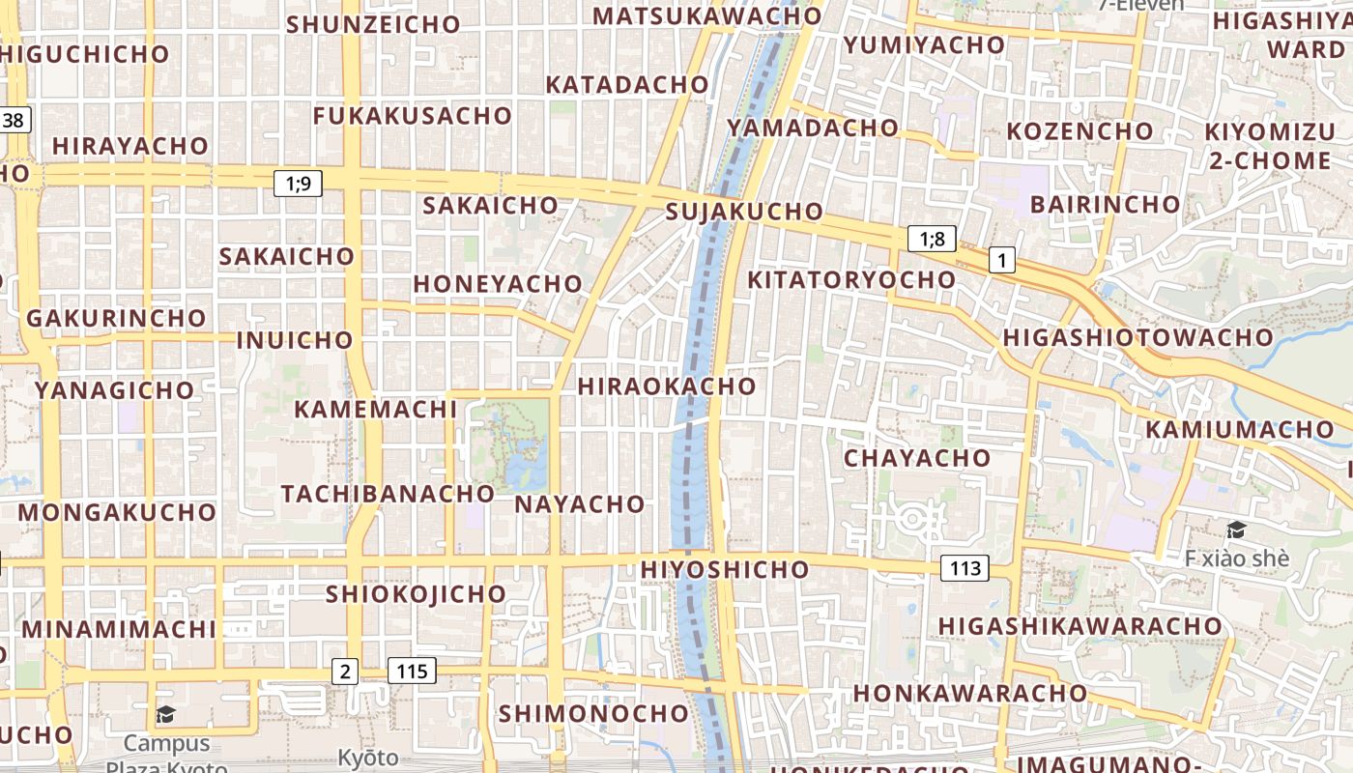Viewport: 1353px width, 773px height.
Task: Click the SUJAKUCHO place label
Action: [x=744, y=212]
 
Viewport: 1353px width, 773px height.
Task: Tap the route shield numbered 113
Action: [x=964, y=568]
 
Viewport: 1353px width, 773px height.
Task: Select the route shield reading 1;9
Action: [x=298, y=183]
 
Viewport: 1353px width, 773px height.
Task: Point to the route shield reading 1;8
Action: [x=932, y=239]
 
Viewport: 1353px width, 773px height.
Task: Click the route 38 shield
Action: [x=14, y=121]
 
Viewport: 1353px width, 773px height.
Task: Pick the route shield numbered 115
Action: [x=412, y=671]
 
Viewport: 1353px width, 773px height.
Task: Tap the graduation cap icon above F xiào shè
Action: [x=1236, y=530]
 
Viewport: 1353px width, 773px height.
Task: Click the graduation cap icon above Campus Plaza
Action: [x=166, y=715]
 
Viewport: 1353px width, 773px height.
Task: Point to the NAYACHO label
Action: [x=580, y=504]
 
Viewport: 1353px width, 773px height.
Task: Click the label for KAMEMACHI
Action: [x=375, y=409]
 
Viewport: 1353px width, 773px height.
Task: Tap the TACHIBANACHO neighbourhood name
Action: [x=388, y=494]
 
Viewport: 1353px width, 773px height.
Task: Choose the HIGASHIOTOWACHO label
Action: [x=1138, y=337]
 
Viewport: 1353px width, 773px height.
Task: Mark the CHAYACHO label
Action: [x=917, y=458]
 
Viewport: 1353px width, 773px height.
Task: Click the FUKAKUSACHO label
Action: [x=413, y=116]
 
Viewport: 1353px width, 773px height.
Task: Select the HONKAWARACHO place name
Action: [x=970, y=694]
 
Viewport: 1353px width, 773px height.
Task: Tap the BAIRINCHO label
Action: [x=1105, y=205]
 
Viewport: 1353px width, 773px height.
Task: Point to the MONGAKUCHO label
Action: [x=116, y=512]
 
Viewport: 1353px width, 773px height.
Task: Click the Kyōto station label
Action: [x=368, y=757]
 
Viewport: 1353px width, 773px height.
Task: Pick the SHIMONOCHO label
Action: [x=593, y=714]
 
